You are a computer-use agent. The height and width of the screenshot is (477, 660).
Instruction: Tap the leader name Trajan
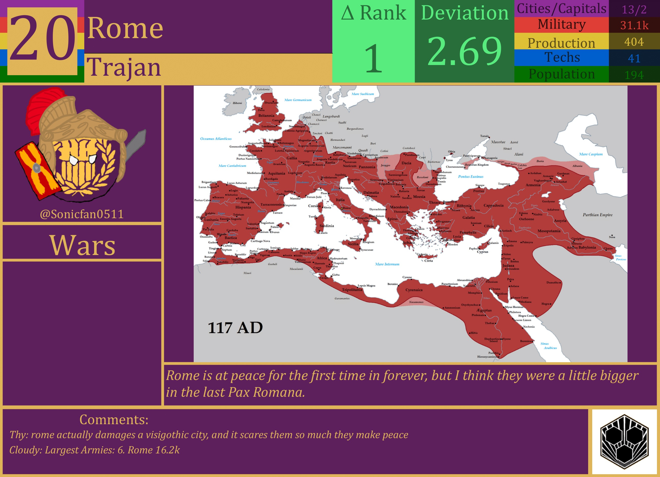[x=124, y=68]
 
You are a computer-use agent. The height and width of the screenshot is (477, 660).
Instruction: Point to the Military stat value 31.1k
[x=634, y=25]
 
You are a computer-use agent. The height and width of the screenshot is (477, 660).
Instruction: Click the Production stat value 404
[x=634, y=42]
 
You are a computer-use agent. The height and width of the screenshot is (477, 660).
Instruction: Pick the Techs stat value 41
[x=634, y=58]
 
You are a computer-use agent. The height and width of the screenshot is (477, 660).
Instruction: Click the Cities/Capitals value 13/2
[x=634, y=10]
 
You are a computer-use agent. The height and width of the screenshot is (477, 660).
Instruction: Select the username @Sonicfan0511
[x=82, y=214]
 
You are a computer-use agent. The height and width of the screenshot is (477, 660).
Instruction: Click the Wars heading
[x=82, y=245]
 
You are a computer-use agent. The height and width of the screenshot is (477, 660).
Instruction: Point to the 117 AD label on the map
[x=235, y=328]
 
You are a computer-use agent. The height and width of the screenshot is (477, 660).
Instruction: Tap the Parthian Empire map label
[x=598, y=215]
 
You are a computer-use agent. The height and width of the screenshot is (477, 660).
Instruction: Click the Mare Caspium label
[x=591, y=154]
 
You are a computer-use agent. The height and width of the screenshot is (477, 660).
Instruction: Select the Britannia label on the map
[x=266, y=116]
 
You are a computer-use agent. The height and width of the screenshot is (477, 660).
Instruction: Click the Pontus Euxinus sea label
[x=471, y=177]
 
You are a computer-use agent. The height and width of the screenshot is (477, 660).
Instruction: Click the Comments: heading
[x=114, y=420]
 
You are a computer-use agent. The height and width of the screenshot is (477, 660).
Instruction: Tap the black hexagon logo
[x=624, y=442]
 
